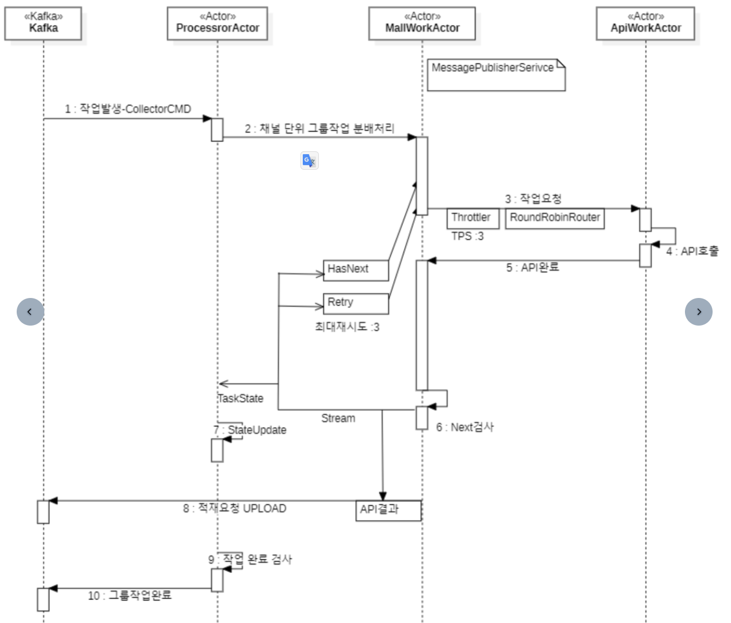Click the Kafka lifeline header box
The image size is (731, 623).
pyautogui.click(x=43, y=24)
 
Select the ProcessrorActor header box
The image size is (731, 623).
pyautogui.click(x=218, y=24)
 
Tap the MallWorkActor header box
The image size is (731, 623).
pyautogui.click(x=422, y=24)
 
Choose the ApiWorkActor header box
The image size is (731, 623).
pyautogui.click(x=645, y=24)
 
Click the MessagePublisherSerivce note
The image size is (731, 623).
pyautogui.click(x=496, y=74)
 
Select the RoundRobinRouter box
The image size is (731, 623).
pyautogui.click(x=555, y=218)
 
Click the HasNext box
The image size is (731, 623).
pyautogui.click(x=356, y=270)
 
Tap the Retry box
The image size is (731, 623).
pyautogui.click(x=356, y=303)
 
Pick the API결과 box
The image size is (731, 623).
pyautogui.click(x=389, y=510)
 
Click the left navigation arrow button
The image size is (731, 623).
pyautogui.click(x=30, y=312)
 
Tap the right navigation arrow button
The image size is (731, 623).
pyautogui.click(x=699, y=312)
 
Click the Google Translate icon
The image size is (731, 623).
pyautogui.click(x=310, y=160)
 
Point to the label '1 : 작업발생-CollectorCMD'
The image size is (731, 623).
pyautogui.click(x=128, y=109)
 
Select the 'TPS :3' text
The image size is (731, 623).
pyautogui.click(x=467, y=236)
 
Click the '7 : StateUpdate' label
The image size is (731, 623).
pyautogui.click(x=250, y=430)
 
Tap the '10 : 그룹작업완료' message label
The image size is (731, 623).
pyautogui.click(x=130, y=595)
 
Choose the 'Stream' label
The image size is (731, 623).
pyautogui.click(x=338, y=418)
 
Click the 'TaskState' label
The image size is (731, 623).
pyautogui.click(x=241, y=398)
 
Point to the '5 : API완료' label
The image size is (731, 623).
pyautogui.click(x=532, y=267)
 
